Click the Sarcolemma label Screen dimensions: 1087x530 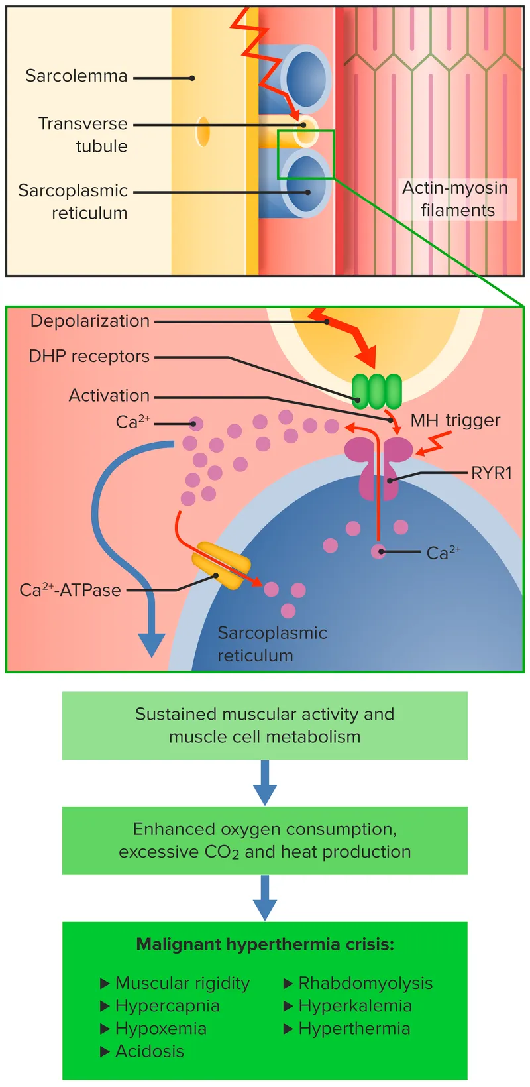pyautogui.click(x=76, y=76)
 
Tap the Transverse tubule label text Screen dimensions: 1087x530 pyautogui.click(x=83, y=135)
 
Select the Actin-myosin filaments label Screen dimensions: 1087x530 pyautogui.click(x=456, y=199)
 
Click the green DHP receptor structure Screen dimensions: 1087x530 pyautogui.click(x=376, y=391)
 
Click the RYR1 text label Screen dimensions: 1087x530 pyautogui.click(x=491, y=473)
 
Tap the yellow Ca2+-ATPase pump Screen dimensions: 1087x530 pyautogui.click(x=221, y=565)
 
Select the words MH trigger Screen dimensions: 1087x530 pyautogui.click(x=455, y=420)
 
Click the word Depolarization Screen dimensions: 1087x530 pyautogui.click(x=90, y=321)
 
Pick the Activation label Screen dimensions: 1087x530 pyautogui.click(x=109, y=396)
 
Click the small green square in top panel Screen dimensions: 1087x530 pyautogui.click(x=305, y=154)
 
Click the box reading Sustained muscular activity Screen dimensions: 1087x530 pyautogui.click(x=264, y=725)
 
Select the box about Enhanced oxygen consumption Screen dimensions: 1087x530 pyautogui.click(x=264, y=840)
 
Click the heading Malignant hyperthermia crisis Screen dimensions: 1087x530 pyautogui.click(x=264, y=944)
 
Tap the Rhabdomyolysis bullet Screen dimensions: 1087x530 pyautogui.click(x=365, y=983)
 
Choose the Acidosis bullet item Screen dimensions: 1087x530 pyautogui.click(x=149, y=1051)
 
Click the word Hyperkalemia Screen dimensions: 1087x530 pyautogui.click(x=355, y=1005)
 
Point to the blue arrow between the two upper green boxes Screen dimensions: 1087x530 pyautogui.click(x=264, y=783)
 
